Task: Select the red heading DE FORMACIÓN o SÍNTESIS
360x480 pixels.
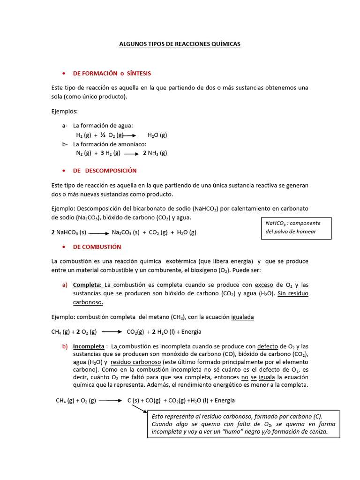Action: coord(112,74)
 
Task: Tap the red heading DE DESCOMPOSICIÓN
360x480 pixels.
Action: coord(105,171)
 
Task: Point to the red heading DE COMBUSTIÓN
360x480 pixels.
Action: coord(97,247)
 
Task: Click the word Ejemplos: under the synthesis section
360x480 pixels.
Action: coord(65,112)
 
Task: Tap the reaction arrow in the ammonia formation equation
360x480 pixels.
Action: coord(131,153)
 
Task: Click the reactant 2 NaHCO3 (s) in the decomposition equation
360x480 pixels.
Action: coord(69,232)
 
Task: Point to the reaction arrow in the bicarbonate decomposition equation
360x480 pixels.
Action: coord(98,232)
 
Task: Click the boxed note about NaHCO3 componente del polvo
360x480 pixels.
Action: coord(296,228)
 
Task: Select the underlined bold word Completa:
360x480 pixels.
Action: coord(88,285)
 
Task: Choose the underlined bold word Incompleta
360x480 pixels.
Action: coord(89,347)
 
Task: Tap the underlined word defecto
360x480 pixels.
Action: coord(268,347)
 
